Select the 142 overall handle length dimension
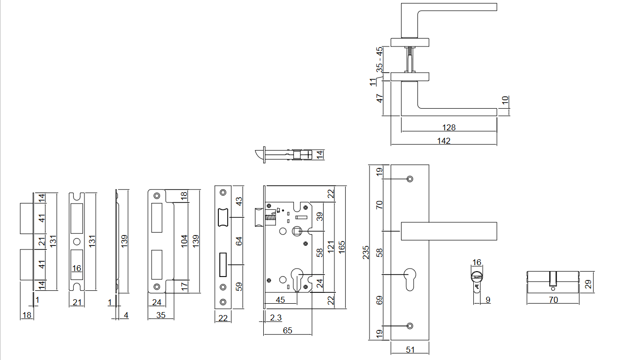[x=444, y=141]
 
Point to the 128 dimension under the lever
[x=449, y=127]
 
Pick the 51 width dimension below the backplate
[x=410, y=350]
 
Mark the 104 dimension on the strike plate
[x=184, y=241]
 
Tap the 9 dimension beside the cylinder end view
[x=488, y=299]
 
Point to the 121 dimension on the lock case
[x=331, y=247]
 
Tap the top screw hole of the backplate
[x=410, y=179]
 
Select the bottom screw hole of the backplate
[x=410, y=326]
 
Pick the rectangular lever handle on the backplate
[x=448, y=231]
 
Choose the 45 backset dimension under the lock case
[x=280, y=299]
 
